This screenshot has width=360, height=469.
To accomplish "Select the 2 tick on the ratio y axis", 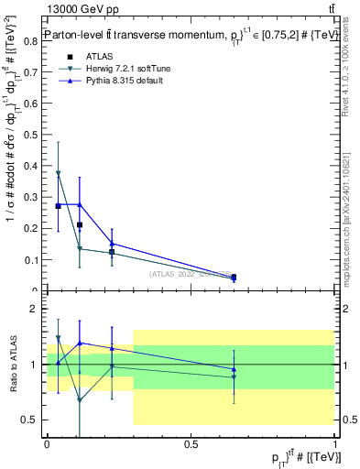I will [36, 310].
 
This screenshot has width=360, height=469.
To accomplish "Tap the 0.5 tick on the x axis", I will [191, 442].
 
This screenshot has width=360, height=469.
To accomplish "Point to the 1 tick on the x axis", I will [334, 442].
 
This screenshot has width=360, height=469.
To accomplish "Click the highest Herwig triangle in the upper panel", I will [59, 173].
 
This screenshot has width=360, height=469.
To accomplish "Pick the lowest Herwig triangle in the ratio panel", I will [80, 400].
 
